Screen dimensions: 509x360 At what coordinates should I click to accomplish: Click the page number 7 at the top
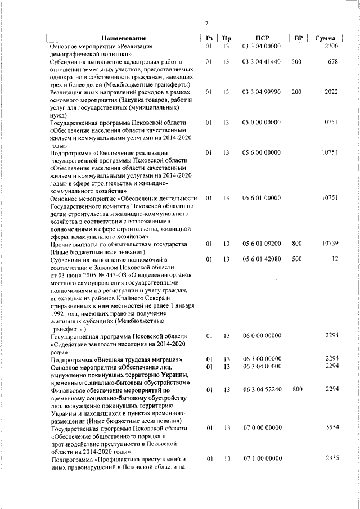[206, 23]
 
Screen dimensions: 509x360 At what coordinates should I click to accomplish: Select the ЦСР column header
[260, 38]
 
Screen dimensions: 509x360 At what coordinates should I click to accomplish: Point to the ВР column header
[299, 38]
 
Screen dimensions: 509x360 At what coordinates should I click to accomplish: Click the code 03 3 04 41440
[262, 61]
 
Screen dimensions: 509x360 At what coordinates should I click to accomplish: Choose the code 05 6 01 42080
[262, 259]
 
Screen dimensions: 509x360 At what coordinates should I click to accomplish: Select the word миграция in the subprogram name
[162, 359]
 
